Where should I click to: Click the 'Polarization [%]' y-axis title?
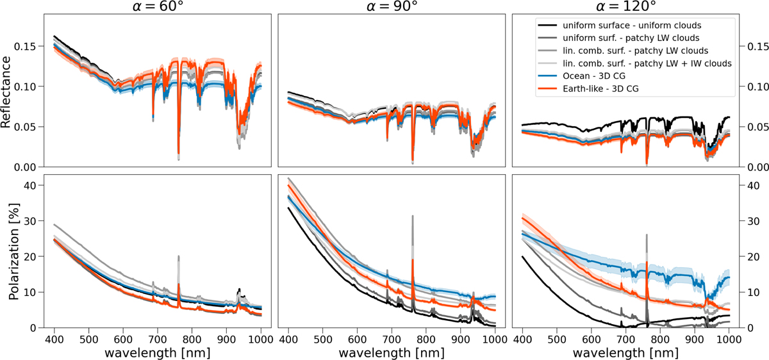8,250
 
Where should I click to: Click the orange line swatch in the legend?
549,88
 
